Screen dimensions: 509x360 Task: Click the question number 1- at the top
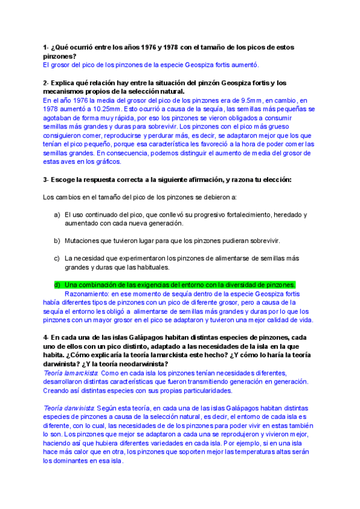pos(47,47)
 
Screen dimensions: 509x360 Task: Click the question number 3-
pos(47,179)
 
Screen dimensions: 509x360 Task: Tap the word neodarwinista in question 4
pos(140,364)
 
